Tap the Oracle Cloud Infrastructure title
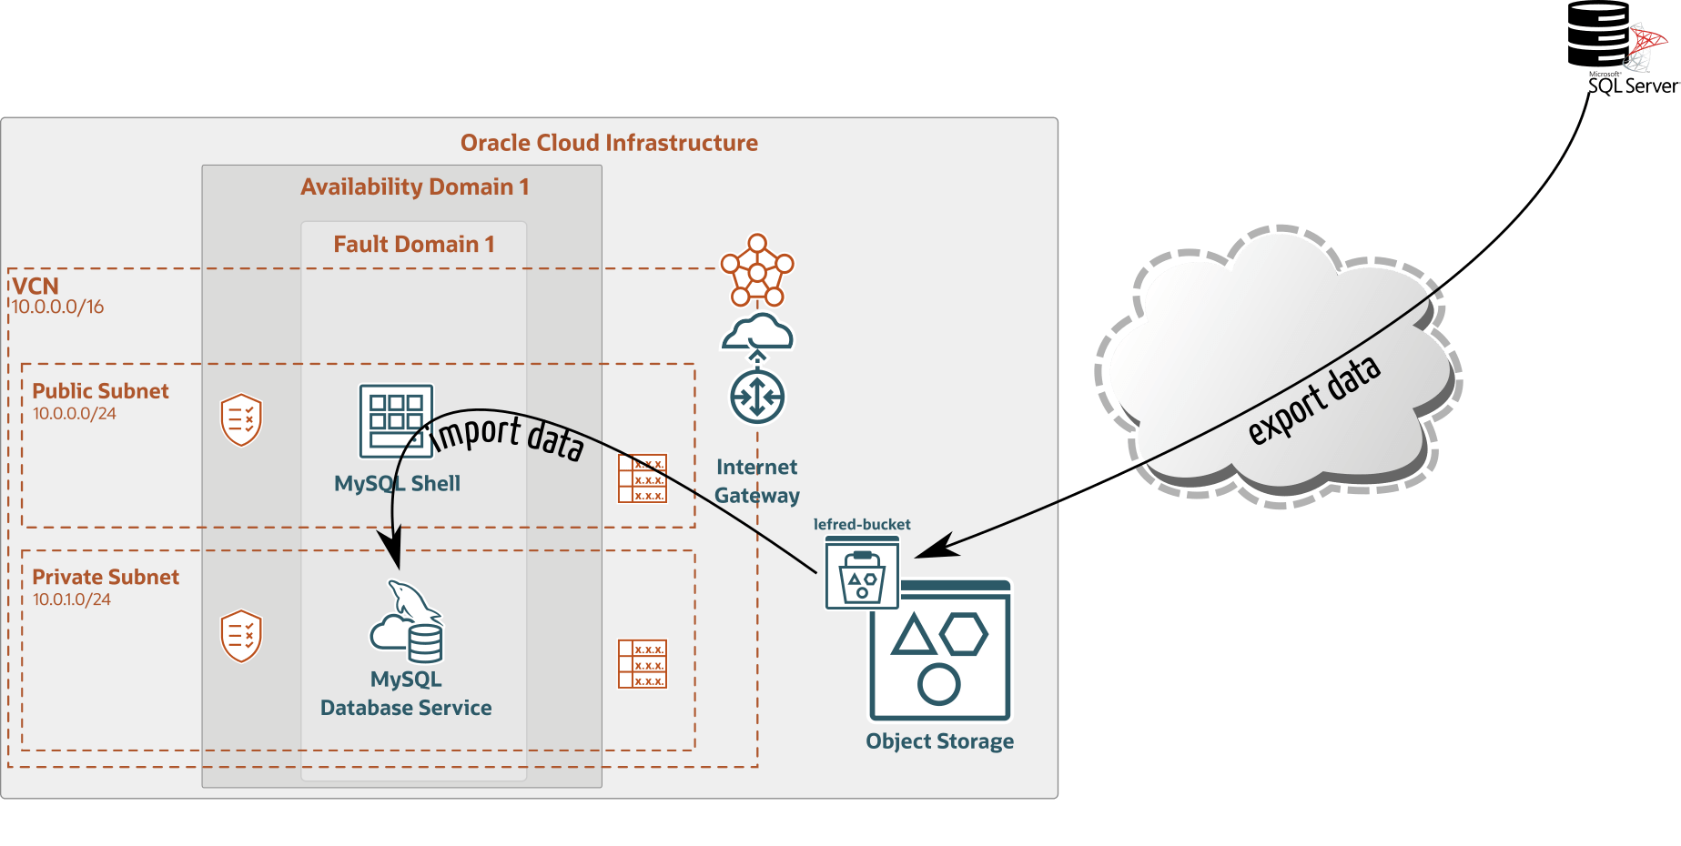point(609,143)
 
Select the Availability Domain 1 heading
point(415,187)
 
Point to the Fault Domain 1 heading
point(414,244)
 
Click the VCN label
point(35,286)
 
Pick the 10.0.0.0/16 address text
point(57,307)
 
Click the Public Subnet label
point(101,391)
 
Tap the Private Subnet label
point(106,578)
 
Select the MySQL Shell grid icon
point(396,421)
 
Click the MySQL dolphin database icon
point(407,622)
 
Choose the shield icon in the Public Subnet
point(241,419)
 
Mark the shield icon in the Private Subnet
point(241,636)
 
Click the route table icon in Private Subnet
point(643,664)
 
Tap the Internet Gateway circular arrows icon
point(757,397)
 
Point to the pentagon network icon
point(757,270)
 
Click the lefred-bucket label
point(862,525)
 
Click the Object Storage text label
point(940,741)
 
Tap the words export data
point(1314,400)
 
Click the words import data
point(506,437)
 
